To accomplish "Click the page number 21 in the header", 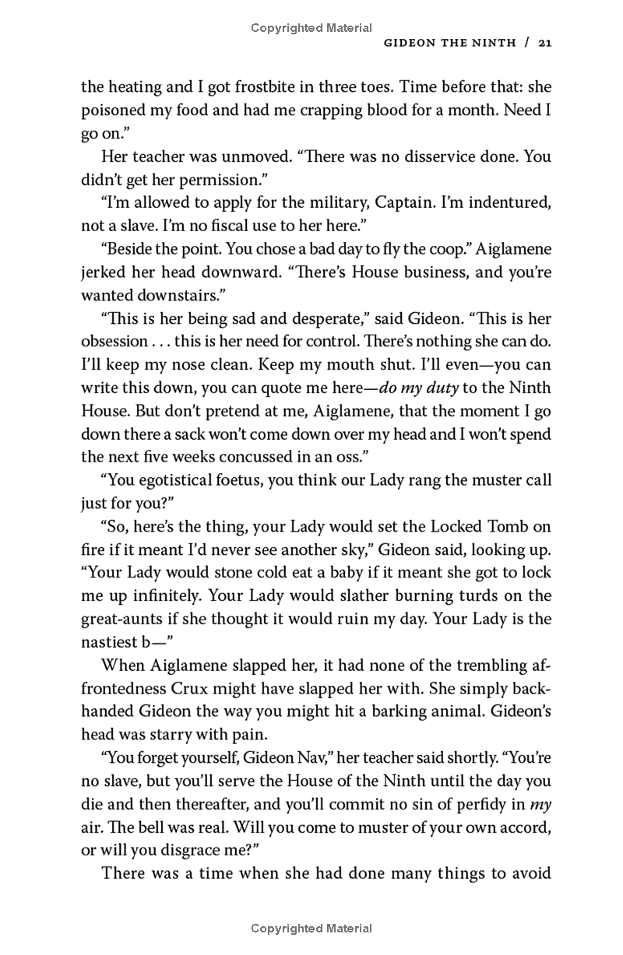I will coord(544,44).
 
